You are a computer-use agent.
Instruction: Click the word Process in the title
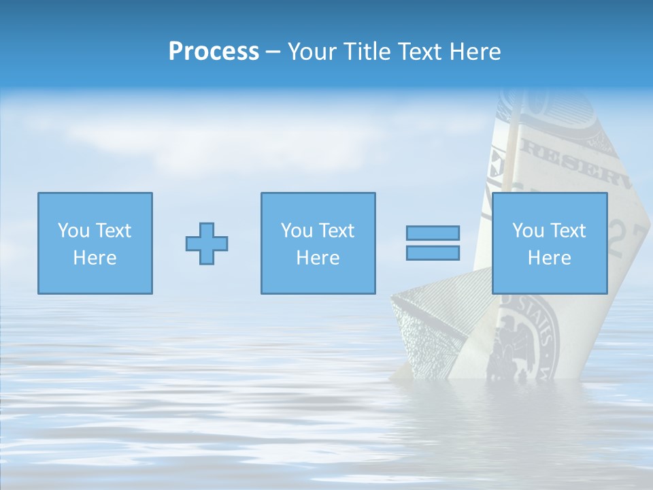click(214, 52)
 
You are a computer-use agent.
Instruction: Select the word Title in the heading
click(367, 52)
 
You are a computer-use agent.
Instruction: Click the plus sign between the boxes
click(207, 244)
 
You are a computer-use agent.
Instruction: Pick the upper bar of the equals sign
click(433, 233)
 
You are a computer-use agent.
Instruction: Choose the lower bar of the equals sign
click(433, 253)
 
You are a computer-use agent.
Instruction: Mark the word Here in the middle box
click(318, 258)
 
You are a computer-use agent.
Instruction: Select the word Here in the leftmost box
click(95, 258)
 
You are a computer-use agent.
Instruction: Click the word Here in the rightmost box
click(549, 258)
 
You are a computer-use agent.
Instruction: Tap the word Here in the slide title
click(476, 52)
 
